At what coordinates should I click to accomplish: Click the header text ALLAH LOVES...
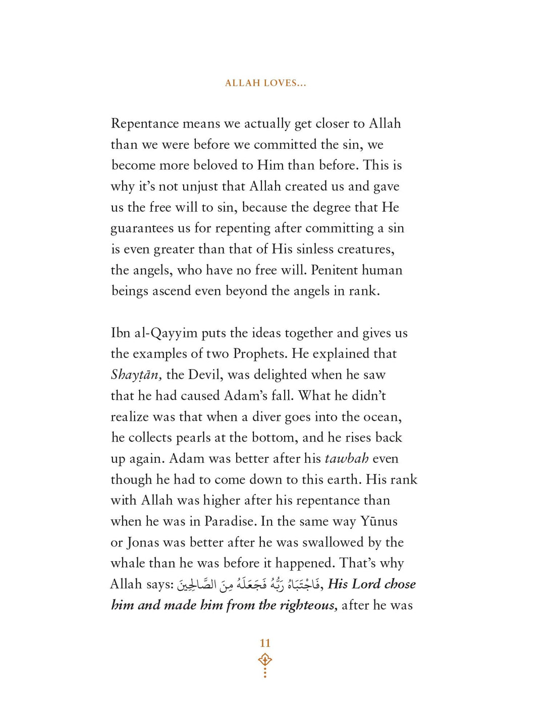pyautogui.click(x=265, y=83)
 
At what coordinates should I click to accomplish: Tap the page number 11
pyautogui.click(x=265, y=643)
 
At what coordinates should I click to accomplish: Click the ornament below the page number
pyautogui.click(x=265, y=664)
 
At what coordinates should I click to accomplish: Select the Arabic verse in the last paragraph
pyautogui.click(x=249, y=584)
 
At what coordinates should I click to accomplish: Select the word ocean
pyautogui.click(x=382, y=417)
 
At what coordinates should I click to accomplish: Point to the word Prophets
pyautogui.click(x=259, y=354)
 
